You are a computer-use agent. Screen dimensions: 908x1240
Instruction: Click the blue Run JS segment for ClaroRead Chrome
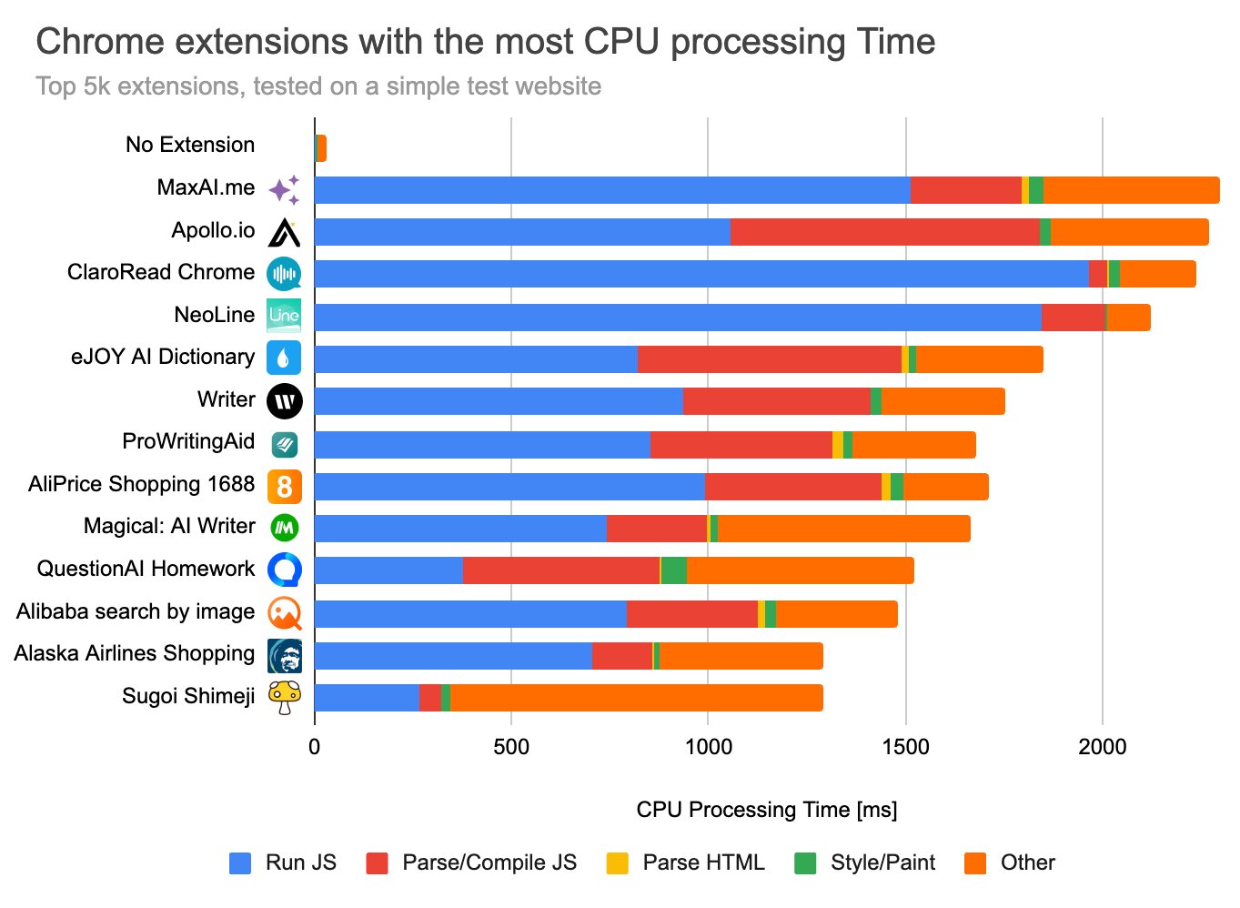[701, 274]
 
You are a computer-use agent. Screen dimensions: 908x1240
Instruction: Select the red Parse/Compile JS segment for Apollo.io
[884, 232]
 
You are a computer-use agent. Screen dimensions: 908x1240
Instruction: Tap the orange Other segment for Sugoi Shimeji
[636, 698]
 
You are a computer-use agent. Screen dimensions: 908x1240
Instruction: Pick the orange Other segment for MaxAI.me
[1131, 190]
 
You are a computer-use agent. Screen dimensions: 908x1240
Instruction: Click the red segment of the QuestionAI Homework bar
[560, 570]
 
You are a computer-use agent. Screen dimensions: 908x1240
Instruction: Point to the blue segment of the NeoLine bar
[678, 318]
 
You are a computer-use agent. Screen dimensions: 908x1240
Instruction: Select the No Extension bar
[321, 148]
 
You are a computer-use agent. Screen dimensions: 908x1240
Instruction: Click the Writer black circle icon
[285, 401]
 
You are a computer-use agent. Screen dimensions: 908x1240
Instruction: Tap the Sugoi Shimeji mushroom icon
[285, 698]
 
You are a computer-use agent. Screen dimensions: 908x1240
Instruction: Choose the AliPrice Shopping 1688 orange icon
[285, 487]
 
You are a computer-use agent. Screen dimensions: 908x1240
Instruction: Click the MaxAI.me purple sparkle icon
[285, 190]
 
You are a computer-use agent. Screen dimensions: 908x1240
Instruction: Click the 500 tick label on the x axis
[511, 748]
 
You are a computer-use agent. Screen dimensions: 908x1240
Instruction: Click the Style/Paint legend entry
[882, 863]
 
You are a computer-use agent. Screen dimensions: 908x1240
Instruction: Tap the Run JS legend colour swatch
[240, 863]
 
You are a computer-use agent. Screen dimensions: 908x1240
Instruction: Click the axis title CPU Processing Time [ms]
[766, 810]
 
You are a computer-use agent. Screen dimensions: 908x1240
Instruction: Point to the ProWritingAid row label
[188, 441]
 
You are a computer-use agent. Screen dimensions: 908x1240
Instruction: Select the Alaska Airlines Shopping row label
[135, 653]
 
